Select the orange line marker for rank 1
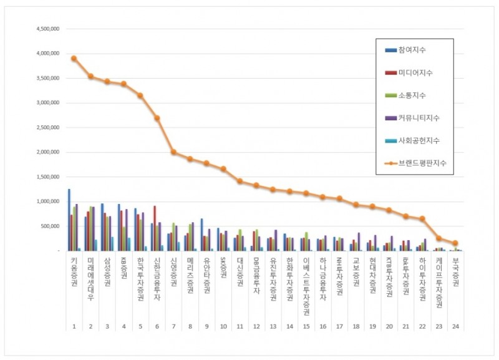point(74,58)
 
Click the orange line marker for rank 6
point(157,118)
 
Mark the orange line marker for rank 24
point(455,243)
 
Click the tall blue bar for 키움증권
point(69,220)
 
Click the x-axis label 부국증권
point(455,273)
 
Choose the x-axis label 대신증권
point(240,273)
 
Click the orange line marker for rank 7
point(173,152)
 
